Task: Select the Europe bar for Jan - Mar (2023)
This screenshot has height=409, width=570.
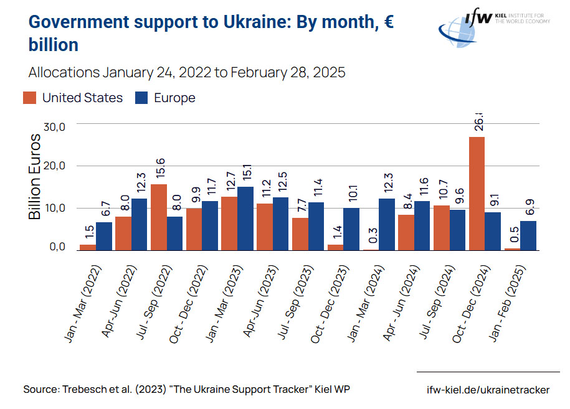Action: click(245, 219)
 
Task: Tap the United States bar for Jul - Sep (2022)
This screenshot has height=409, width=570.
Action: click(158, 217)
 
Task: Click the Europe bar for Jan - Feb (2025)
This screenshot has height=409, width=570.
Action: click(528, 235)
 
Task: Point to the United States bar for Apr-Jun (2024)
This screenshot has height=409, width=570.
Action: click(406, 232)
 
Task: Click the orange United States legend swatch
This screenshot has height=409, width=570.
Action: click(30, 98)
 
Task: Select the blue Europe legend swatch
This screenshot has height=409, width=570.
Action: click(141, 98)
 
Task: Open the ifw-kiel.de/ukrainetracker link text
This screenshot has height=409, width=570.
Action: click(488, 390)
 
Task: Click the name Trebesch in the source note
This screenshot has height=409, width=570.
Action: click(85, 390)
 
